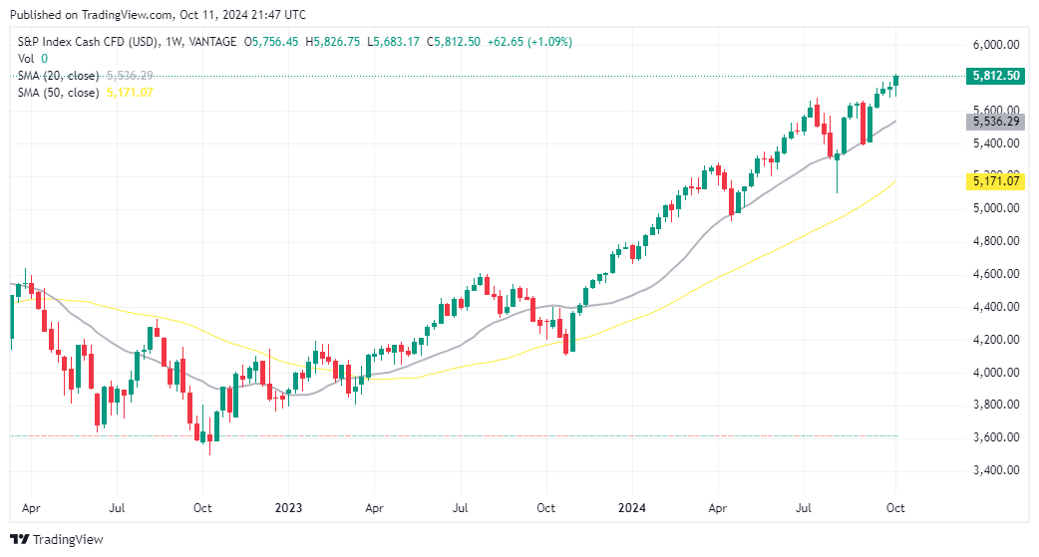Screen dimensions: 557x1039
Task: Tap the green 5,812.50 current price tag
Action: click(x=996, y=76)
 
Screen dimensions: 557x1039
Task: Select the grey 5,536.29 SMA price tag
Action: click(x=996, y=122)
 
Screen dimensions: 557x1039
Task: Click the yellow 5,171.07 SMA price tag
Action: click(x=996, y=181)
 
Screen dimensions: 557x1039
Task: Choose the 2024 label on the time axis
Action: click(x=631, y=507)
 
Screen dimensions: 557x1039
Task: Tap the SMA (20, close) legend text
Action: click(x=58, y=76)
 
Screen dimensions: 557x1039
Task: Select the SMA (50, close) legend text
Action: click(x=58, y=93)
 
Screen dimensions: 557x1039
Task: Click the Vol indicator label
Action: click(x=28, y=59)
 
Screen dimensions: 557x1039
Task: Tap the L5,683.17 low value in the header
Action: click(x=396, y=42)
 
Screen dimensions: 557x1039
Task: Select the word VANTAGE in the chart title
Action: click(x=211, y=42)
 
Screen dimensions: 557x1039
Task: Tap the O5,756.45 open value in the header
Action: click(x=273, y=42)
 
